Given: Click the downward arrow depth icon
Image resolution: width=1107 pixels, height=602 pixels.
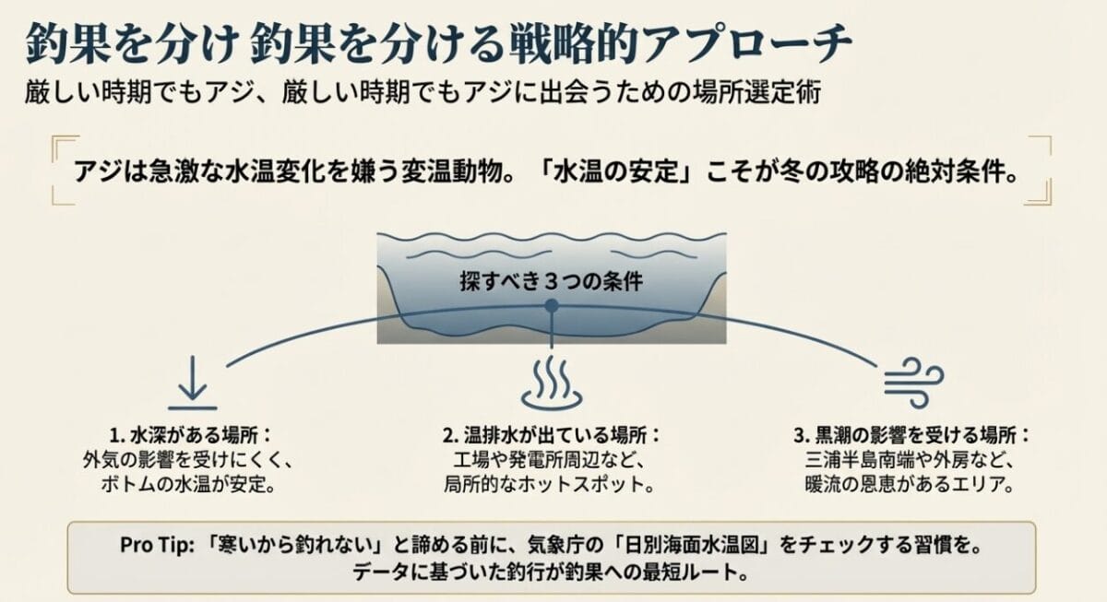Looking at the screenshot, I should coord(192,387).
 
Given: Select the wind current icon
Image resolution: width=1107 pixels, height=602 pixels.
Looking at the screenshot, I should coord(913,380).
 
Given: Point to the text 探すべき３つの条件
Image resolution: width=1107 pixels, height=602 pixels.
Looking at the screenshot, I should coord(551,281).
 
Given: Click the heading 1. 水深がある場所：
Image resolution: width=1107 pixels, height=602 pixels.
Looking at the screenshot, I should coord(188,436).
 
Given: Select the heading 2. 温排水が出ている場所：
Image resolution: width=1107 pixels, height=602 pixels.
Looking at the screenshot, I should coord(553,436).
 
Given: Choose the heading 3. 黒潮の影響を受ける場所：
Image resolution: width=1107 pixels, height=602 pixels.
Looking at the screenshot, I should coord(911,436).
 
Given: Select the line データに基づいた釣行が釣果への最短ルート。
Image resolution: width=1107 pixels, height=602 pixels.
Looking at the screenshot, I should coord(551,572).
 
